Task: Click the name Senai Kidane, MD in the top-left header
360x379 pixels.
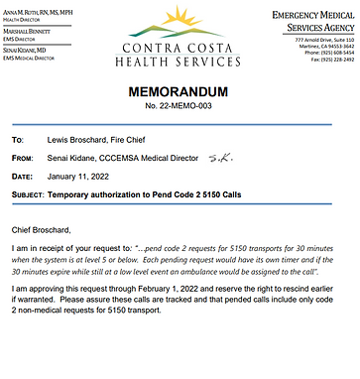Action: click(30, 47)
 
